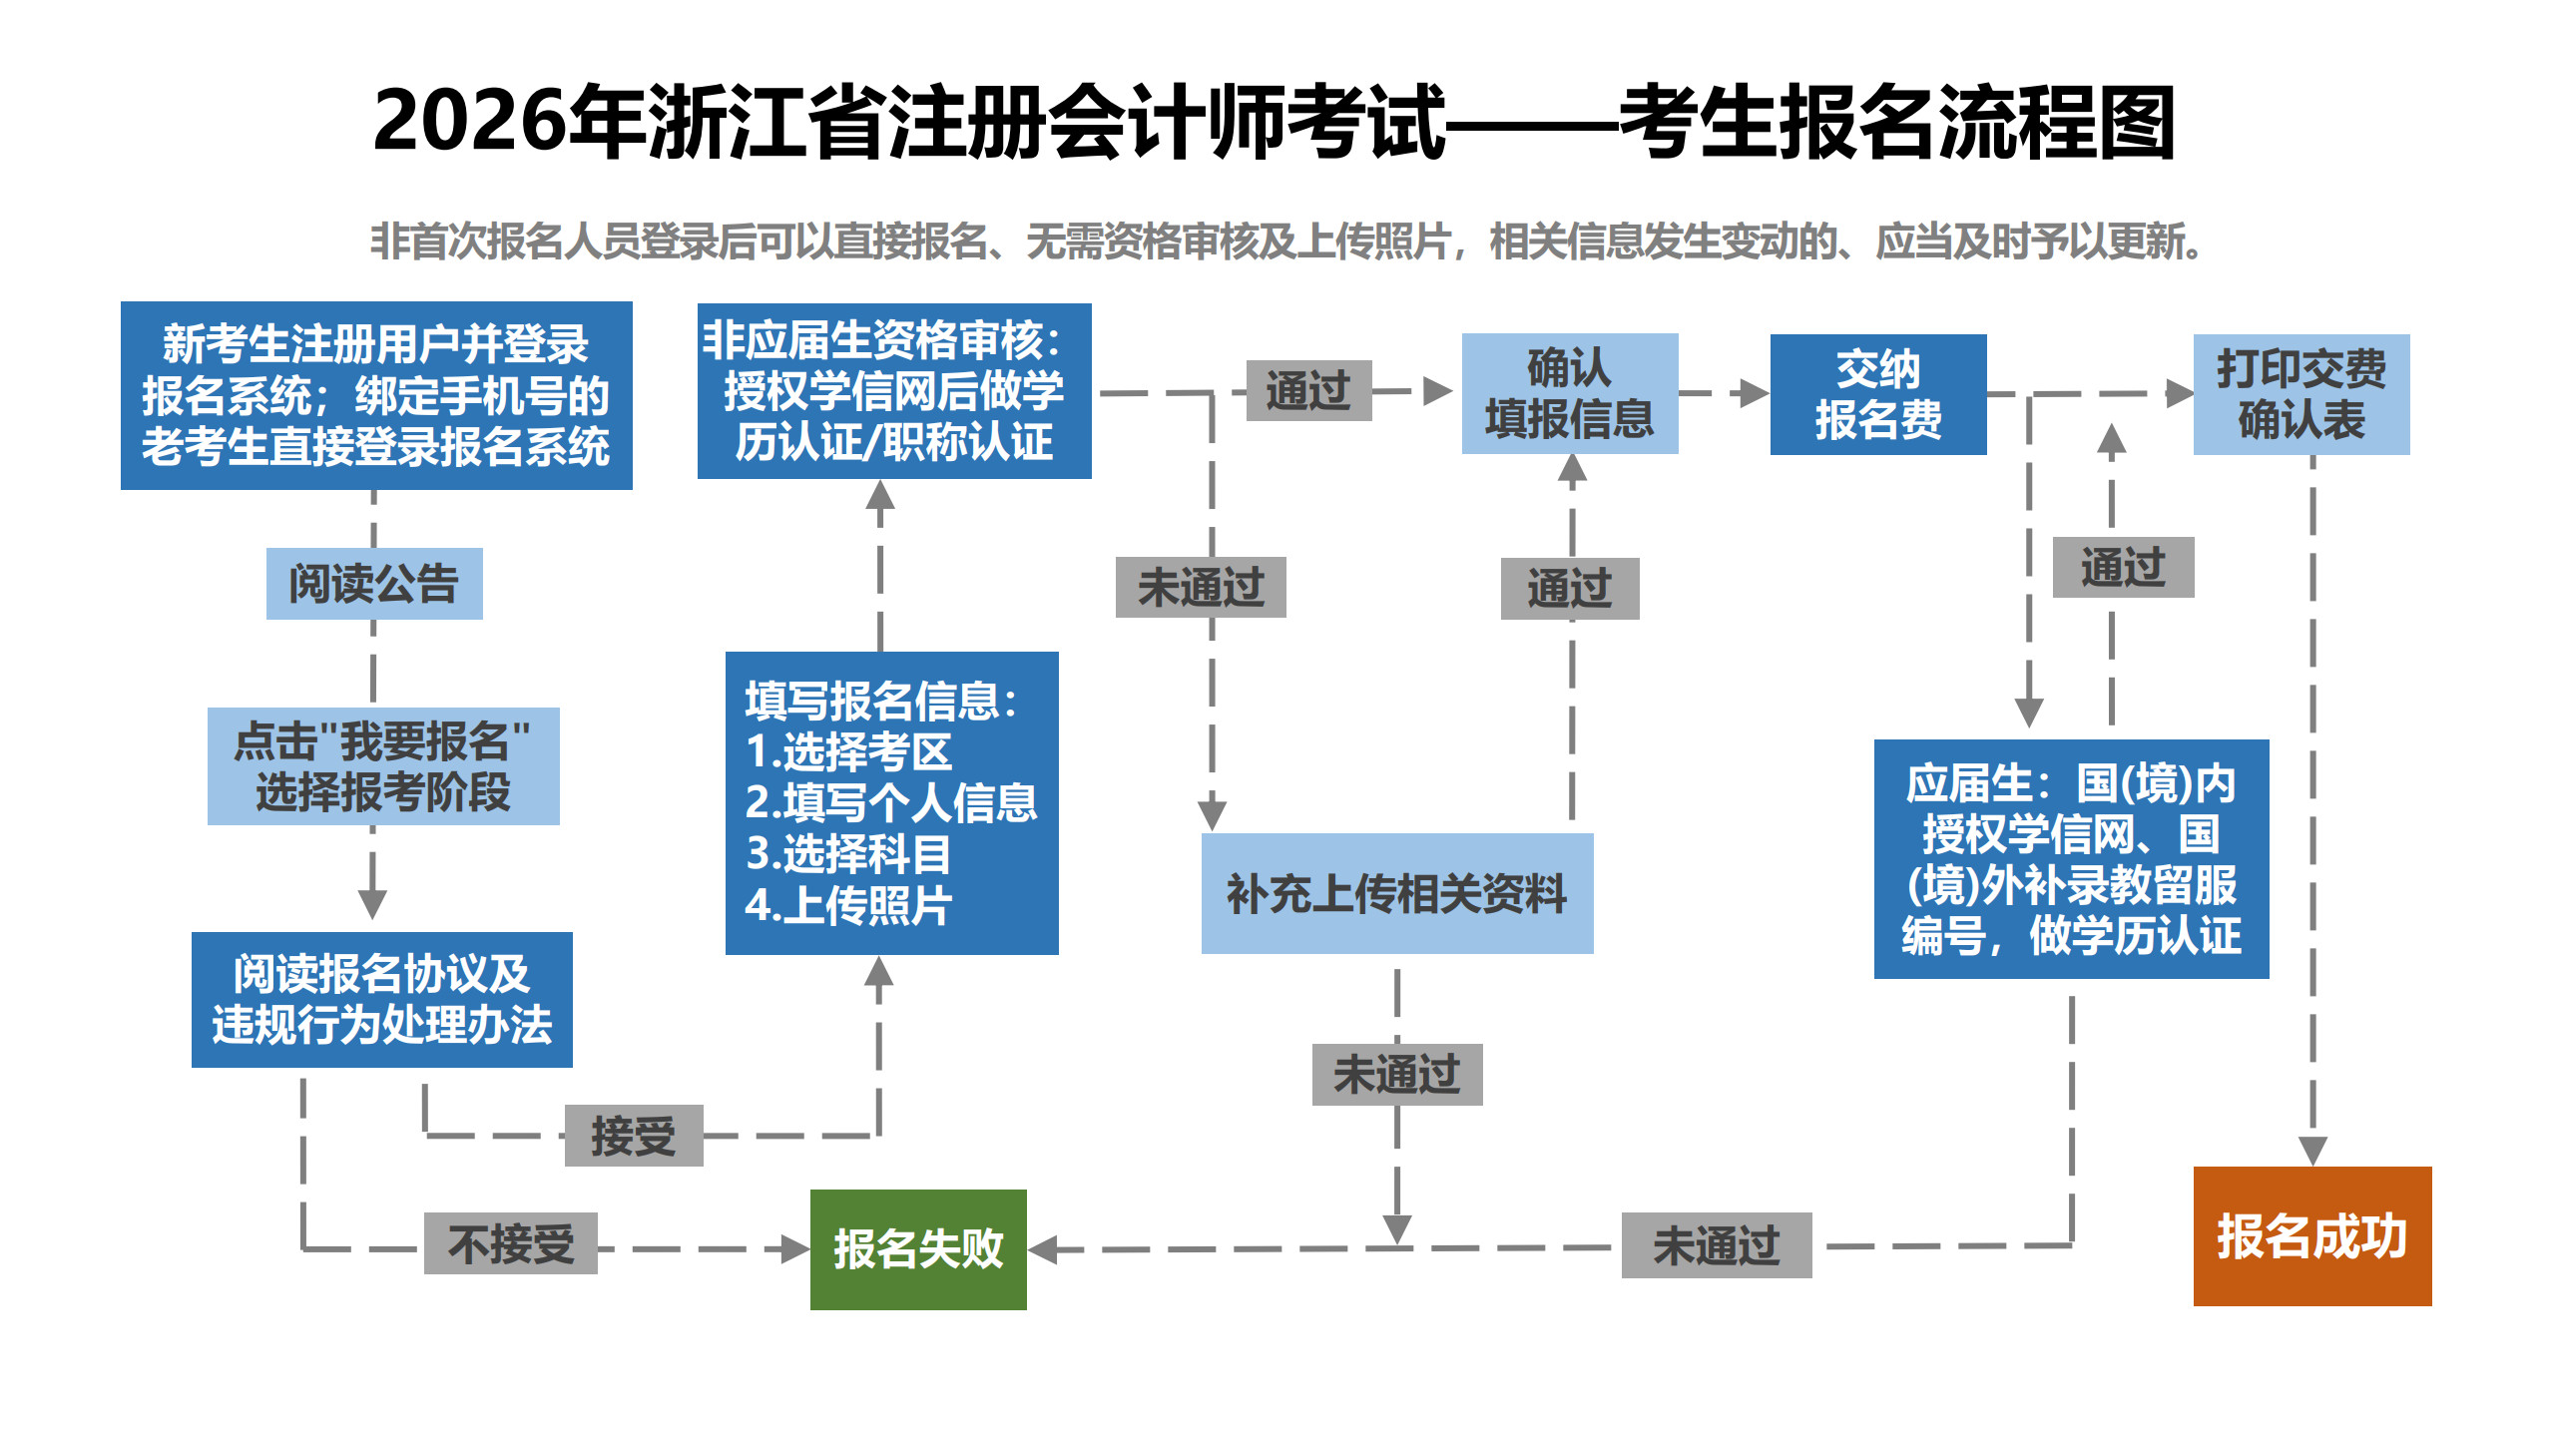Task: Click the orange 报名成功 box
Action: coord(2311,1235)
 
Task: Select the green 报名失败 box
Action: coord(918,1249)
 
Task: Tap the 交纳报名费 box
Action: coord(1877,394)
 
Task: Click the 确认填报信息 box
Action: coord(1569,394)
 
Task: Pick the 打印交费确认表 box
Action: coord(2300,394)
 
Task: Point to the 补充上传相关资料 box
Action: coord(1396,893)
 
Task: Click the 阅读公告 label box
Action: coord(374,584)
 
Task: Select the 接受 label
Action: coord(634,1136)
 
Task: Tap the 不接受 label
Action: coord(511,1243)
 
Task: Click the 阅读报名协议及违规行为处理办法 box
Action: coord(381,999)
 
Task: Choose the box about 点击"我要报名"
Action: coord(383,766)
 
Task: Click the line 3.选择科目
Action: coord(848,854)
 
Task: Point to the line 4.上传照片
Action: coord(848,906)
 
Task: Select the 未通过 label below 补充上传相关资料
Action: coord(1396,1075)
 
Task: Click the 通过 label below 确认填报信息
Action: coord(1569,588)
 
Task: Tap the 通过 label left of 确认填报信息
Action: coord(1308,390)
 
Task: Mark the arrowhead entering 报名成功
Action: coord(2312,1151)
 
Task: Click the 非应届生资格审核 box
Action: coord(893,391)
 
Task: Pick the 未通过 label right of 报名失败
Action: coord(1716,1245)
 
